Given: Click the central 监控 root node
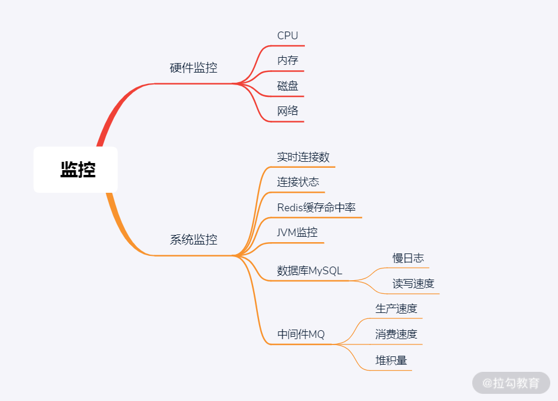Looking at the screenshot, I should [x=77, y=170].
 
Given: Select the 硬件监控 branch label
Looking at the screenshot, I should [x=194, y=68].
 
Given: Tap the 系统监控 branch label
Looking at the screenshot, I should [x=194, y=240].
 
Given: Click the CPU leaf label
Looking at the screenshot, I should [x=288, y=36].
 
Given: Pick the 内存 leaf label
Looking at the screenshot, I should [x=288, y=61].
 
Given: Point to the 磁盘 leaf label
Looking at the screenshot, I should [x=288, y=86].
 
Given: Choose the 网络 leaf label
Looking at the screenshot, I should [x=288, y=111].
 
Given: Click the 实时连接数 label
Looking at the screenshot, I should [x=303, y=157].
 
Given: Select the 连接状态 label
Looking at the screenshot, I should [x=298, y=182].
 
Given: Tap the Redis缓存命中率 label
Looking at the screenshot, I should [x=316, y=208].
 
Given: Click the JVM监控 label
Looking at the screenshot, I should [x=297, y=233].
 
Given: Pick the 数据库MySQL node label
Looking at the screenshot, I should [x=310, y=271].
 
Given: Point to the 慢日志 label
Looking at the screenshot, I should [x=408, y=258].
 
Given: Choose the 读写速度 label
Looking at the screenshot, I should [x=413, y=284].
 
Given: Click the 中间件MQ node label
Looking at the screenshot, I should [x=301, y=334].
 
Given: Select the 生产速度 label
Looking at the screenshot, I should [x=396, y=309].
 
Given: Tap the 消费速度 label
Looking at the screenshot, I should [x=396, y=334].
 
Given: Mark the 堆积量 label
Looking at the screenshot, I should [x=391, y=361].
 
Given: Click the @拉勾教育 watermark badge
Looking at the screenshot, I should [x=511, y=383].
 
